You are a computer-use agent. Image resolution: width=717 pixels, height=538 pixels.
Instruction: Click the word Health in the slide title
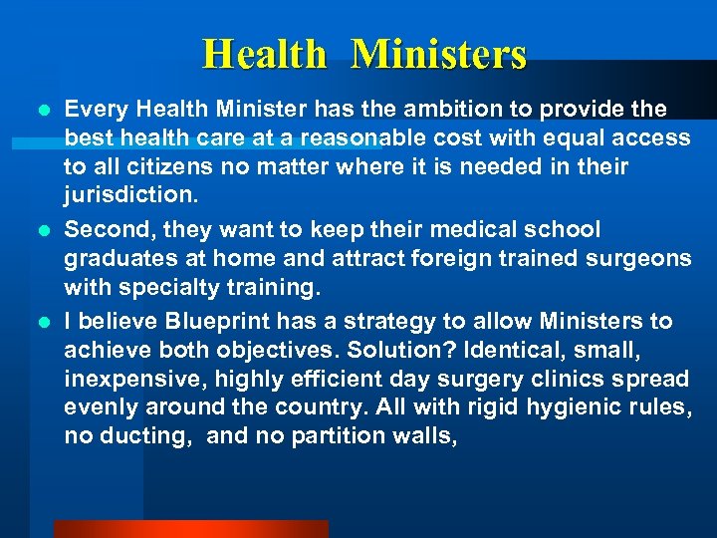click(x=264, y=54)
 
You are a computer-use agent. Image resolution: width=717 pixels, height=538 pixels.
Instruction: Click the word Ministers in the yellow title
click(x=439, y=54)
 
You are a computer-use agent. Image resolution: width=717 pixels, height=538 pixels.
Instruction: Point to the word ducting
click(x=148, y=435)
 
